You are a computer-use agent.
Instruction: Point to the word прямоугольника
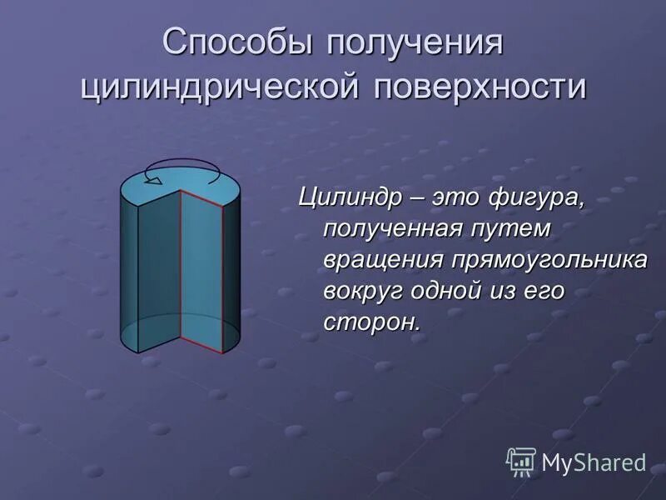pos(549,259)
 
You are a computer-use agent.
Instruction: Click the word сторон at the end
pos(370,321)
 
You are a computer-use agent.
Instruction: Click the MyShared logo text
pos(594,462)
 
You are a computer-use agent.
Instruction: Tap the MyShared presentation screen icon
pos(521,461)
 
